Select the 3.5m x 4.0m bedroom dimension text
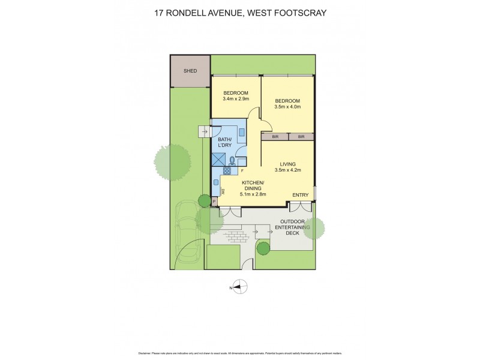click(287, 107)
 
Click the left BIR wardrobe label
click(275, 137)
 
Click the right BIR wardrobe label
click(301, 137)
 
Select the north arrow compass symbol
click(239, 288)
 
